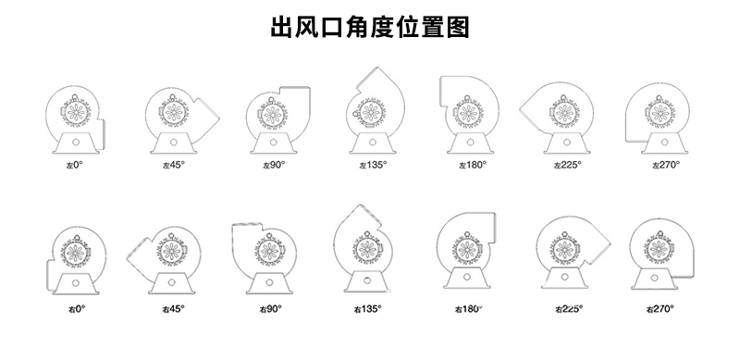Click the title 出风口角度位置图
click(x=370, y=28)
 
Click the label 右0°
click(x=76, y=308)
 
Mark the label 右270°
click(x=660, y=308)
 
